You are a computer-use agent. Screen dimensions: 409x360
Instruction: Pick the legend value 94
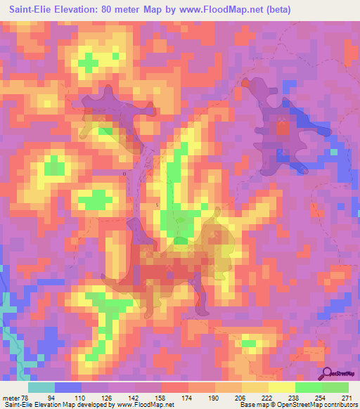point(54,397)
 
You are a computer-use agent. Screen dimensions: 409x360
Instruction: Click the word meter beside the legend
point(12,397)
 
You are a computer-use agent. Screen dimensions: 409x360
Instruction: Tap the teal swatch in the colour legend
point(41,387)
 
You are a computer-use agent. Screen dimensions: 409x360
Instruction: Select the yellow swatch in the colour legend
point(282,387)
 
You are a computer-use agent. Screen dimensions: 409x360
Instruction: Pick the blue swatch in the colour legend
point(68,387)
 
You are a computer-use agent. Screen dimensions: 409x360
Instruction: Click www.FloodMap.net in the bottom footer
point(146,405)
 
